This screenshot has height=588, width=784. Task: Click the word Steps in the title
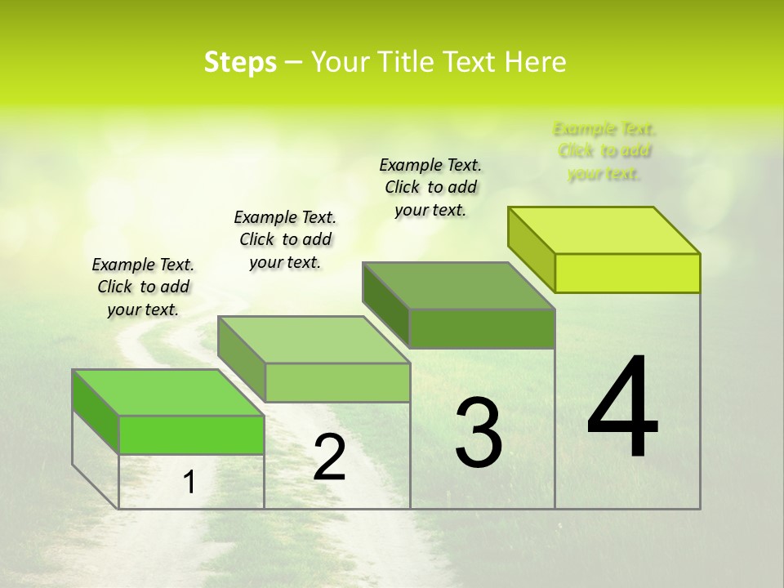(240, 63)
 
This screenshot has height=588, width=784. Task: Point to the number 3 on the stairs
(478, 433)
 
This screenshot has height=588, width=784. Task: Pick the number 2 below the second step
(330, 457)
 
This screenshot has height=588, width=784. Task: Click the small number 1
(189, 483)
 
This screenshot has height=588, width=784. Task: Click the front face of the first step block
(191, 434)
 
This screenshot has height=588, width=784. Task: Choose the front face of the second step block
(337, 382)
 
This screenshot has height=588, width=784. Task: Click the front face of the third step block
(482, 328)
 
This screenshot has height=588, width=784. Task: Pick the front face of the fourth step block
(627, 273)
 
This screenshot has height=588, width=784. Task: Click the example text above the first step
(143, 287)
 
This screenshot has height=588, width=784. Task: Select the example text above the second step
(285, 239)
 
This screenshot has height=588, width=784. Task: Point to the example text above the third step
(430, 187)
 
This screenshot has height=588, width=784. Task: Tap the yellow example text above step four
(604, 151)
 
